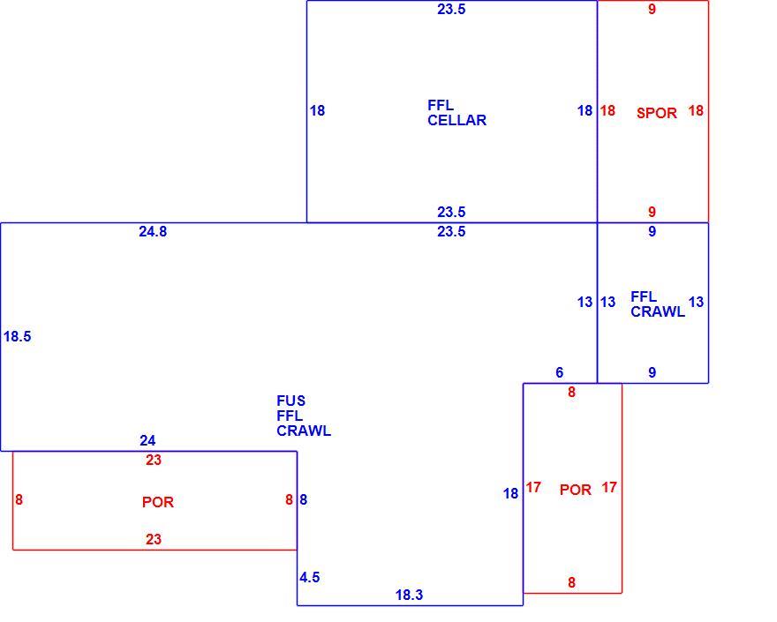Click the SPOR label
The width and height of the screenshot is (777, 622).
(657, 113)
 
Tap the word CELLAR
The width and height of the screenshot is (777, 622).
(456, 120)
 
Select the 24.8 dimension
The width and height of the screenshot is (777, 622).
(153, 231)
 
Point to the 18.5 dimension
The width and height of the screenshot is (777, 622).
(18, 336)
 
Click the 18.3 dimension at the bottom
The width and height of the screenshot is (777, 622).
(410, 595)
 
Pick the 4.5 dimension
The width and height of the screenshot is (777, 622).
(310, 577)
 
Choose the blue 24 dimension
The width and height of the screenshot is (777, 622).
(147, 440)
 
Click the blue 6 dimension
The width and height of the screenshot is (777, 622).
(560, 372)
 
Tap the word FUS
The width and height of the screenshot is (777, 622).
(290, 401)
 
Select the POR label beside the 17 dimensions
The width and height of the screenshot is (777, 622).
(576, 490)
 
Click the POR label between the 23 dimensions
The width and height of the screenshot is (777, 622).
(157, 502)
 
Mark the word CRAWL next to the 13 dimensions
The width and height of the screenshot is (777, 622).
(658, 311)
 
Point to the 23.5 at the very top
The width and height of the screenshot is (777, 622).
(451, 9)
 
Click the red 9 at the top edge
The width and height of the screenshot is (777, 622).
(653, 9)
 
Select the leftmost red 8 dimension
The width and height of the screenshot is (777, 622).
(19, 499)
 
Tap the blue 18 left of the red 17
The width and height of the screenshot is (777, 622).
(511, 493)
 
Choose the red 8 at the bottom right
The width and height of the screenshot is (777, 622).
(572, 582)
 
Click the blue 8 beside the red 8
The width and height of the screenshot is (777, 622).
(303, 499)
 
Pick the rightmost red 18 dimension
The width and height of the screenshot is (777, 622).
(696, 110)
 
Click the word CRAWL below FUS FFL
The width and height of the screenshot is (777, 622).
(304, 431)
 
